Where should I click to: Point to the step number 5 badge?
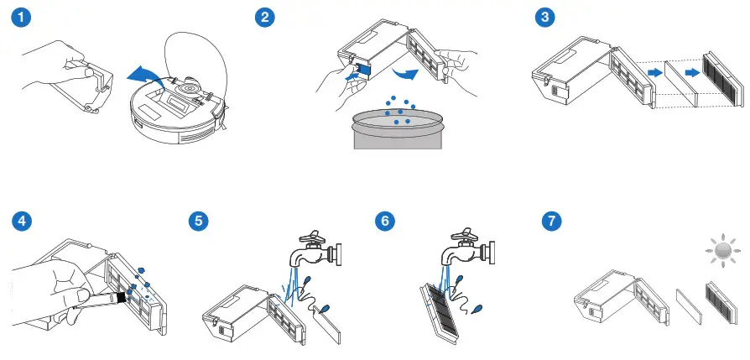[198, 222]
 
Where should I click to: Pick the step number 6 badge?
[385, 222]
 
